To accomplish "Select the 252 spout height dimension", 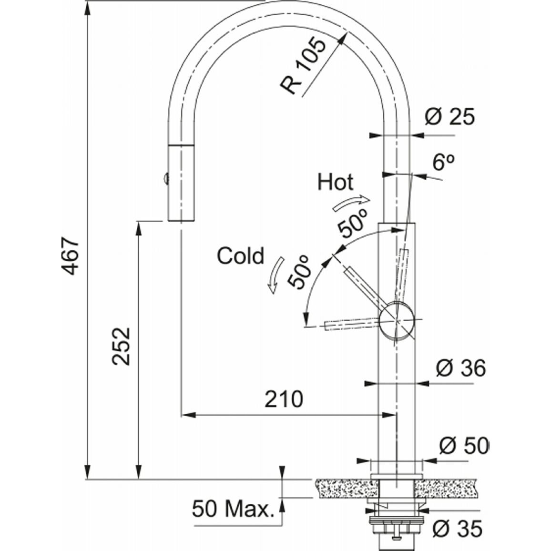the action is [x=121, y=347].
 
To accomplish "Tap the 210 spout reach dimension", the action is [x=284, y=399].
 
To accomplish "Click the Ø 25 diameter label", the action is [x=449, y=117].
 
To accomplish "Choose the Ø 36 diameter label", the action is [x=461, y=368].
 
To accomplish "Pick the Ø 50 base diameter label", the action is [x=464, y=446].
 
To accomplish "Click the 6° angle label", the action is [x=443, y=162].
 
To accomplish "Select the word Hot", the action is [x=335, y=182].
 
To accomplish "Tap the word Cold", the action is [x=240, y=255].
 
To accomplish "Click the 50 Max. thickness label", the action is [x=233, y=509].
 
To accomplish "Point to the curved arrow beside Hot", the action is [x=351, y=203].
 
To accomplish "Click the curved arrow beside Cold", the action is [x=276, y=275].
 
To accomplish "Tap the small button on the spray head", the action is [x=165, y=179].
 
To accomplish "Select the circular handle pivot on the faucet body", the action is [x=397, y=320].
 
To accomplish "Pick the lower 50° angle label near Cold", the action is [x=299, y=272].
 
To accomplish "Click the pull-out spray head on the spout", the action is [x=181, y=183].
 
